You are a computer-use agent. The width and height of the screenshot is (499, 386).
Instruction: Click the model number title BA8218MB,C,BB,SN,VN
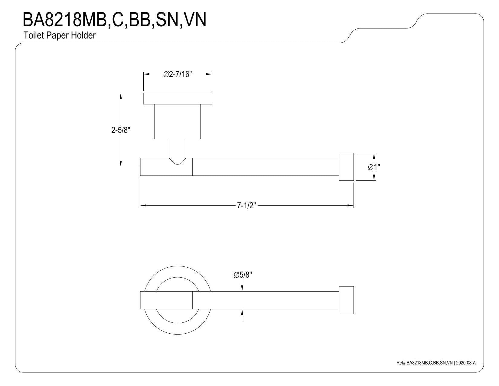coord(114,20)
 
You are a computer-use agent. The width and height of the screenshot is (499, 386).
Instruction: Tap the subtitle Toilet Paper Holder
coord(60,36)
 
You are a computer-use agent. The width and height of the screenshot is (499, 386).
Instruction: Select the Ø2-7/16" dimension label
coord(178,74)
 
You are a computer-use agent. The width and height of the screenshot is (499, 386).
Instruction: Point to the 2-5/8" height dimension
coord(121,130)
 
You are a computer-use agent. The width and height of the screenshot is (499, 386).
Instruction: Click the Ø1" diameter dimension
coord(374,167)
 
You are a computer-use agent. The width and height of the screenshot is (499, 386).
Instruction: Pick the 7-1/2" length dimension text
coord(246,206)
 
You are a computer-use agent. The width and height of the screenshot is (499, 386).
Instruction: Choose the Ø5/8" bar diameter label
coord(243,275)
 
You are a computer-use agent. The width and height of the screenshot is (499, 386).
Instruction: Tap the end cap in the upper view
coord(346,167)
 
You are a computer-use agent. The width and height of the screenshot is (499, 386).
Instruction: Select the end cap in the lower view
coord(346,300)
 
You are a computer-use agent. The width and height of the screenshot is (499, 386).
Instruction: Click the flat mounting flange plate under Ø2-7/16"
coord(178,99)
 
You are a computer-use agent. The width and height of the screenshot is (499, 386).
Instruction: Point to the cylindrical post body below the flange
coord(178,122)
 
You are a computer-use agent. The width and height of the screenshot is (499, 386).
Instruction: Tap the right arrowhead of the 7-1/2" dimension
coord(351,206)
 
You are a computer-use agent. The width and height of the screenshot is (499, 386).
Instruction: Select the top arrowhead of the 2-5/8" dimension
coord(121,96)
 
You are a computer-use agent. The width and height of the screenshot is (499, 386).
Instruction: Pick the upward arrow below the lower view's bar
coord(242,315)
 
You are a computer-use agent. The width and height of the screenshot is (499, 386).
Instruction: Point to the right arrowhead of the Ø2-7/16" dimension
coord(209,74)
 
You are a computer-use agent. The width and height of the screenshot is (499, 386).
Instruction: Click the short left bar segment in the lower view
coord(166,300)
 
